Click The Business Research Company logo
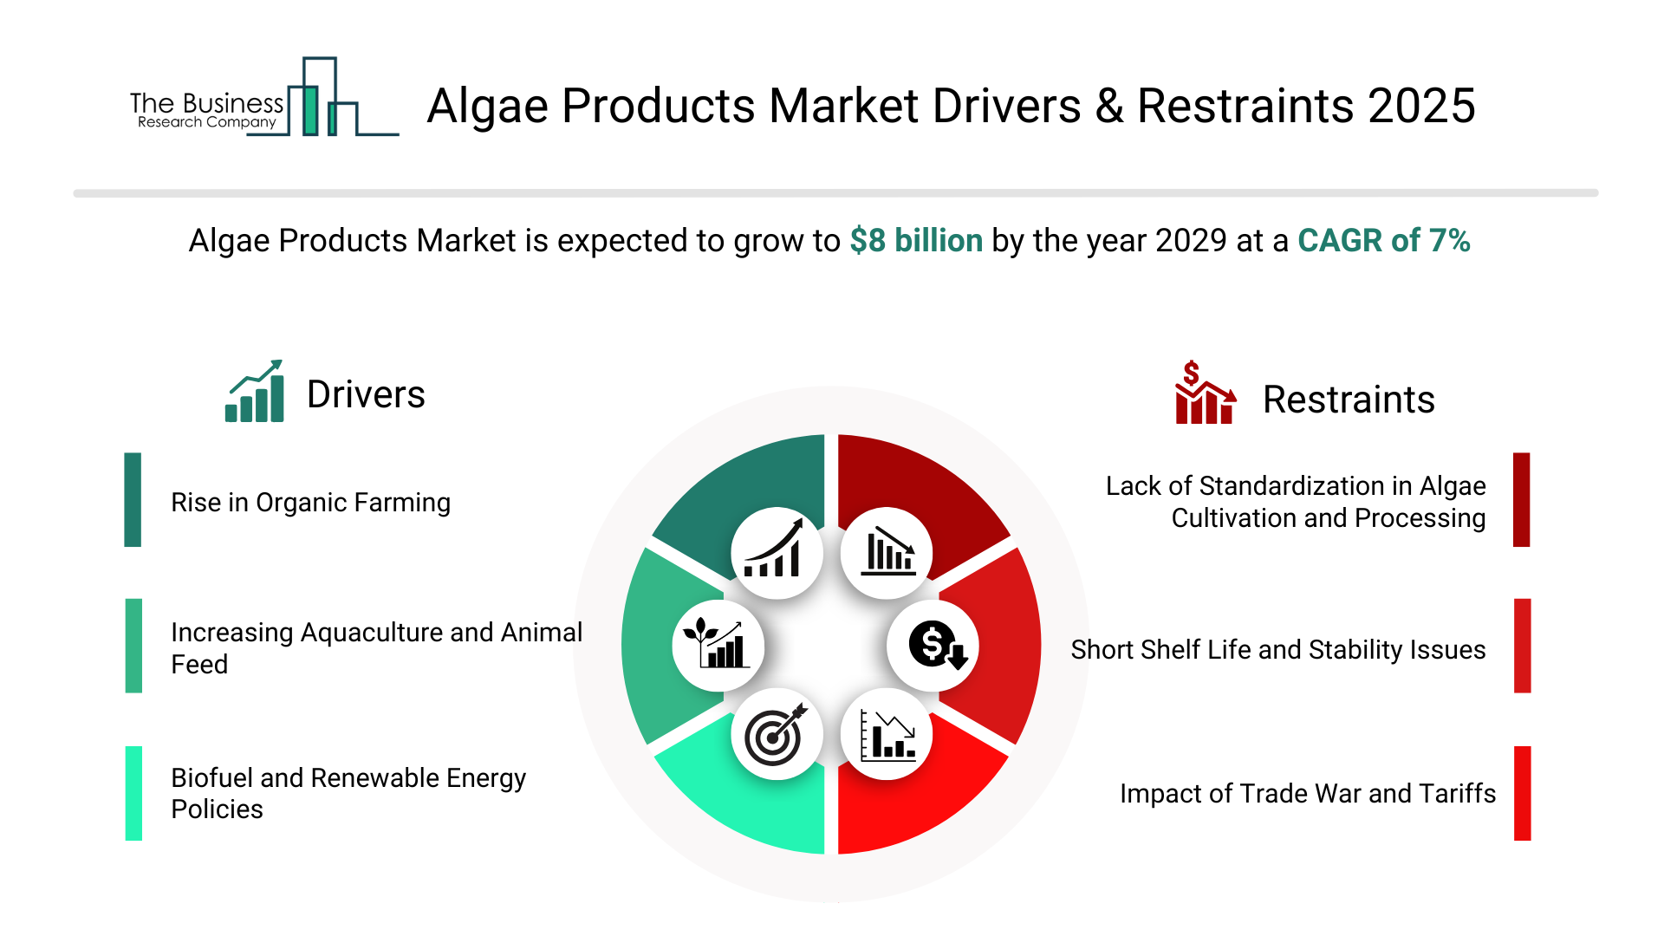click(264, 97)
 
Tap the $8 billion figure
click(916, 241)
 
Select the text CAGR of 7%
click(1383, 241)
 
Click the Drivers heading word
click(366, 394)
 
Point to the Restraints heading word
click(1349, 400)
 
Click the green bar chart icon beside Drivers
click(255, 391)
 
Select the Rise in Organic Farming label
click(310, 503)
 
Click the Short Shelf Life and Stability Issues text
click(1277, 650)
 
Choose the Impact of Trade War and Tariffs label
click(1308, 794)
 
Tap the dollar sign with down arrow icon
click(937, 646)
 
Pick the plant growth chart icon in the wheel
click(716, 643)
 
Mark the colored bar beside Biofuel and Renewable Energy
click(133, 793)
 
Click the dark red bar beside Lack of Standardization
click(1522, 499)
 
